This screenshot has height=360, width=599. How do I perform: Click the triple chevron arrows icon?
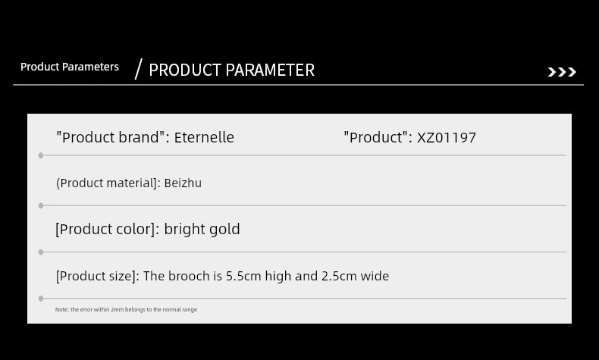pyautogui.click(x=562, y=72)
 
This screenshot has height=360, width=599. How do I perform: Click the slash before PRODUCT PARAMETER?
pyautogui.click(x=139, y=69)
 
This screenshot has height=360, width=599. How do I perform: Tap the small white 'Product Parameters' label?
pyautogui.click(x=70, y=67)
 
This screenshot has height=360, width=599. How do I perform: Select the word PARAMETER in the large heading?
pyautogui.click(x=270, y=70)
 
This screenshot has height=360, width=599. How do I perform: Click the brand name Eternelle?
pyautogui.click(x=204, y=137)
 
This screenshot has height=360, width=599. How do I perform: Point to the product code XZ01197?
pyautogui.click(x=446, y=138)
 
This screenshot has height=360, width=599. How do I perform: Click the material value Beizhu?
pyautogui.click(x=183, y=183)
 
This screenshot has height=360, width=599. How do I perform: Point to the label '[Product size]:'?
pyautogui.click(x=98, y=276)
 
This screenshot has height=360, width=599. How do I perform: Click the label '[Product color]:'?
pyautogui.click(x=108, y=229)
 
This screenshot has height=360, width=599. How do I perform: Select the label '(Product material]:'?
pyautogui.click(x=108, y=183)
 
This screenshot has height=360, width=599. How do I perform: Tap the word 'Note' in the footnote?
pyautogui.click(x=61, y=310)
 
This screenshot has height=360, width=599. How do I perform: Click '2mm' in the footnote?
pyautogui.click(x=118, y=310)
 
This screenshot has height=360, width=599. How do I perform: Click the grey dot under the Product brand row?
pyautogui.click(x=41, y=155)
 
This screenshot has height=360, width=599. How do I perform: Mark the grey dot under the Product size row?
pyautogui.click(x=41, y=299)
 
